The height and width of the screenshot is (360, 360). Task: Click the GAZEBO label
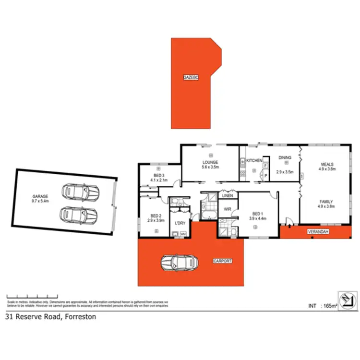coord(191,77)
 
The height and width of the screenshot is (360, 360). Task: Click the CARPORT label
coord(222,261)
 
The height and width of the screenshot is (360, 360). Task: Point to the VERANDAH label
coord(318,232)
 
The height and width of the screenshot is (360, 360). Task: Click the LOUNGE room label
coord(210,162)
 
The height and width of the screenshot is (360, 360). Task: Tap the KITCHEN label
coord(254,160)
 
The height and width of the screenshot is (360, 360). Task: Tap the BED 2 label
coord(156,216)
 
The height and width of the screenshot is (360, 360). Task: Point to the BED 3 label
coord(159,176)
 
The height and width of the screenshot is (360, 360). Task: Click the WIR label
coord(228,208)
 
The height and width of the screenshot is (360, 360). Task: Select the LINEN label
coord(227,195)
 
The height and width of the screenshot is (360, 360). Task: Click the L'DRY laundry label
coord(180,223)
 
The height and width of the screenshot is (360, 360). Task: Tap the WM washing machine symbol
coord(183,234)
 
